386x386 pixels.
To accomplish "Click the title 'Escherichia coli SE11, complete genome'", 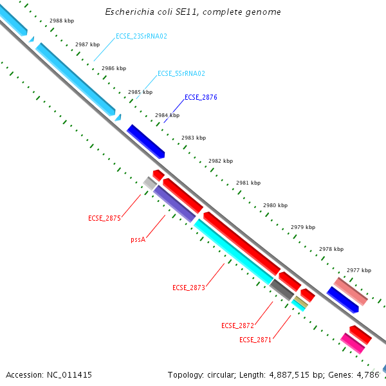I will point(192,12).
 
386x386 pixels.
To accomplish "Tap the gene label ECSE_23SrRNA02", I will point(141,37).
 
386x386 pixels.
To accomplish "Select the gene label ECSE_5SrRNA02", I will point(181,73).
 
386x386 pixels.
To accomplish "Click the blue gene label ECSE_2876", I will point(201,98).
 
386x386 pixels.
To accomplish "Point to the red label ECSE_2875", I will point(104,219).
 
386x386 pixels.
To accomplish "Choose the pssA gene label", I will point(138,239).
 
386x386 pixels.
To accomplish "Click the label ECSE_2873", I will point(188,288).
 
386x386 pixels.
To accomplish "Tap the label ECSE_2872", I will point(237,326).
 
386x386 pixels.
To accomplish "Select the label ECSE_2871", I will point(255,340).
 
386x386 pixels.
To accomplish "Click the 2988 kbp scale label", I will point(62,21).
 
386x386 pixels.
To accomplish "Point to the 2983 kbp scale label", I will point(194,138).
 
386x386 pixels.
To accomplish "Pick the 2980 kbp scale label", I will point(275,205).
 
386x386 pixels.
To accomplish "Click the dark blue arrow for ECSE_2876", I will point(146,142).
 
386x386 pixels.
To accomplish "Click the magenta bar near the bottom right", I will point(353,343).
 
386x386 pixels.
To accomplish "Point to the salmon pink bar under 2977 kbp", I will point(351,291).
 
